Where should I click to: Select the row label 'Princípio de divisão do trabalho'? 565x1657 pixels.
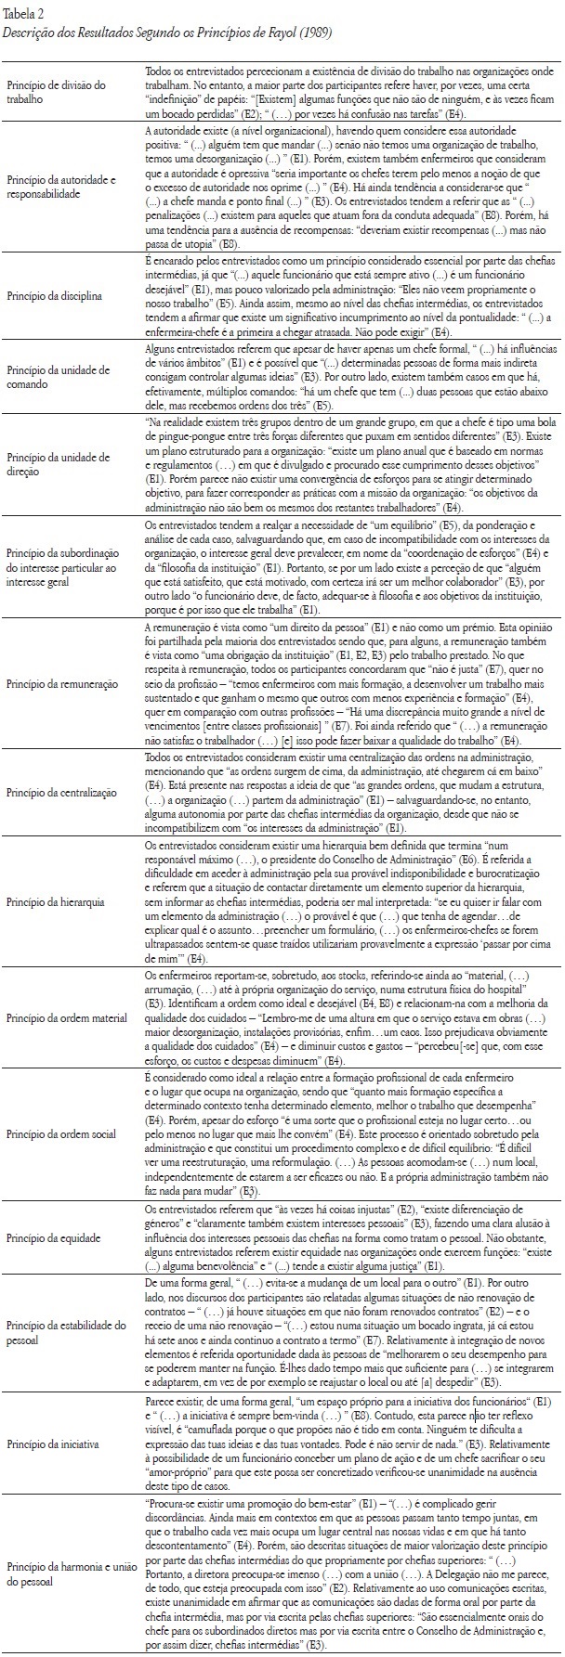(58, 90)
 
